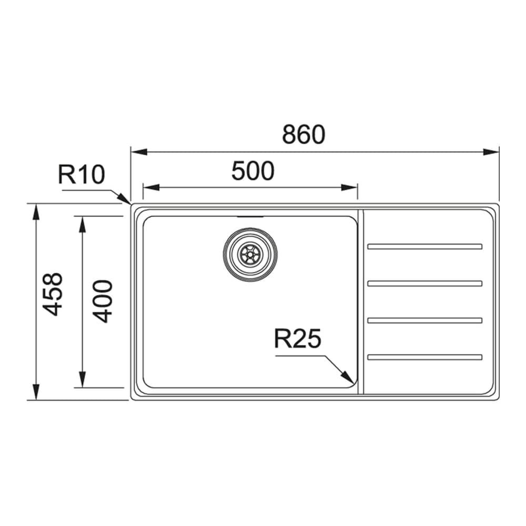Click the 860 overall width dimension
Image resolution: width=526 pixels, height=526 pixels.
pos(304,135)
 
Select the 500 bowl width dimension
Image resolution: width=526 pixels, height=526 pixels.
pos(253,171)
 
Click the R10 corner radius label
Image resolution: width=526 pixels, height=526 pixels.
pos(82,174)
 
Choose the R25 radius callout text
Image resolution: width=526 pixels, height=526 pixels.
pos(297,339)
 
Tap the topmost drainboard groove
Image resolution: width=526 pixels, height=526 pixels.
pos(425,246)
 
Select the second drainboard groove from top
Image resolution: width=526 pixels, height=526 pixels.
pos(425,284)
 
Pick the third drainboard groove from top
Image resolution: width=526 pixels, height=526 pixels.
pos(425,320)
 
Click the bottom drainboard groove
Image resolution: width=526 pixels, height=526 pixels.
pos(425,358)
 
